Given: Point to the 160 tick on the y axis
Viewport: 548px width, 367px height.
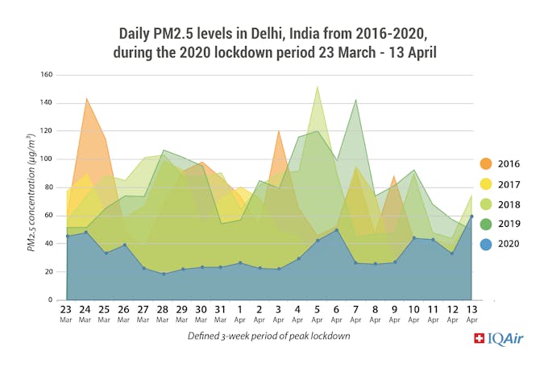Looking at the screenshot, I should [x=47, y=75].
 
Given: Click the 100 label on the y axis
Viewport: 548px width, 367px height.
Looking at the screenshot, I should [x=47, y=159].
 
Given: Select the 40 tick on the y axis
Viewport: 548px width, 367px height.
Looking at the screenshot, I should [x=48, y=243].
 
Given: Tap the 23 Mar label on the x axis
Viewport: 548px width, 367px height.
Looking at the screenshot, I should [x=67, y=311].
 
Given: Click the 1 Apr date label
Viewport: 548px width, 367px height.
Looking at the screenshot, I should [x=240, y=311].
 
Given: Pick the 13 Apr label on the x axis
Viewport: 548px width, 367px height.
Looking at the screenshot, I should [x=471, y=311].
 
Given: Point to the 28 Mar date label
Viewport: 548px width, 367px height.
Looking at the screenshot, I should [x=164, y=311].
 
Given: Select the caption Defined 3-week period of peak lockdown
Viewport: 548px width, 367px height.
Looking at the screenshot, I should [x=268, y=336].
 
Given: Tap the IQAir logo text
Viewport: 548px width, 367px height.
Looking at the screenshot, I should [x=499, y=339].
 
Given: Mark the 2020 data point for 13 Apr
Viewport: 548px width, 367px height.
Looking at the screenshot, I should [x=471, y=216].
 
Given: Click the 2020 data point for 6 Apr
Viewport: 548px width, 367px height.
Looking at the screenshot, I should [x=337, y=230].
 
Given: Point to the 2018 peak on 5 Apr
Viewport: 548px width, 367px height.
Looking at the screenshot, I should [x=318, y=86].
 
